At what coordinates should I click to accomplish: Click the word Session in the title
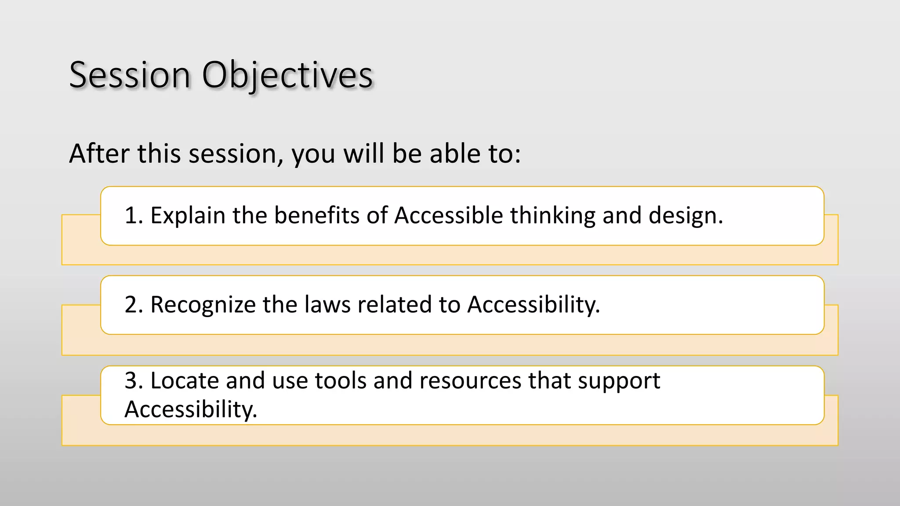click(130, 75)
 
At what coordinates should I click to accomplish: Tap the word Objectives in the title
click(287, 75)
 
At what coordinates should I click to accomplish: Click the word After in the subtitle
click(100, 153)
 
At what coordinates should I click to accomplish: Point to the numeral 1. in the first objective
click(134, 216)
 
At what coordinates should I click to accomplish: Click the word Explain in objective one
click(188, 216)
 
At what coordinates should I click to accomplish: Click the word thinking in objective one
click(552, 216)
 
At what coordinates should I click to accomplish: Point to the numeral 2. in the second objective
click(134, 304)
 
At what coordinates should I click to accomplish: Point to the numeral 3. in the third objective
click(134, 380)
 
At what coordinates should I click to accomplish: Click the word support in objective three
click(619, 380)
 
